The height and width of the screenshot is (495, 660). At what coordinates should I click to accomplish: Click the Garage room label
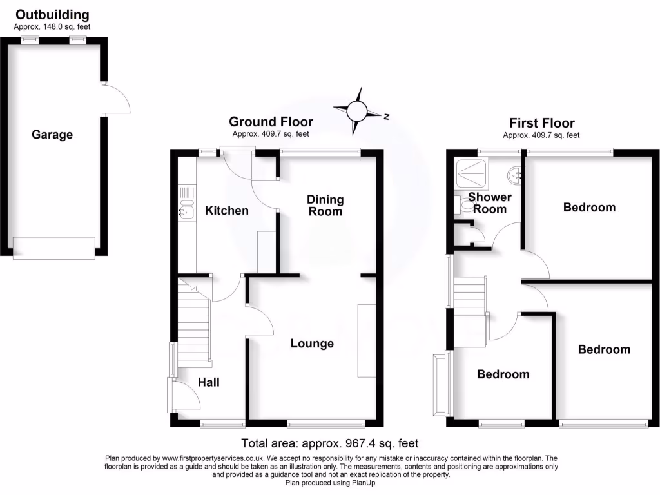[52, 135]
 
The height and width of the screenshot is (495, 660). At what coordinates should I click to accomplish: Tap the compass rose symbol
[356, 112]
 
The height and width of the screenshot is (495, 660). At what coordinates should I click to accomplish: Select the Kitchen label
[226, 211]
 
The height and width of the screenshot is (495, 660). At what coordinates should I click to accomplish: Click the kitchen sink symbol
[186, 209]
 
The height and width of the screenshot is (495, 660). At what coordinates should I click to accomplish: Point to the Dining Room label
[325, 206]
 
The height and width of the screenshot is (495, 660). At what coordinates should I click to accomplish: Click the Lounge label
[312, 344]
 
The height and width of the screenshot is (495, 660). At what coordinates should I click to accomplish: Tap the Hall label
[208, 382]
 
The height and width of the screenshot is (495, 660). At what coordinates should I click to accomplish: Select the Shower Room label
[490, 203]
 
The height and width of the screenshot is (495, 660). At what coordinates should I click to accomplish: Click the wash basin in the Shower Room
[514, 173]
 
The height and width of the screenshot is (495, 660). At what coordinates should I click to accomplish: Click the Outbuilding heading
[52, 15]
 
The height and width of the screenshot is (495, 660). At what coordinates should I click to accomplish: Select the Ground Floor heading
[271, 122]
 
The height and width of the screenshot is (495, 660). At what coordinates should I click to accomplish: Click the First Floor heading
[541, 123]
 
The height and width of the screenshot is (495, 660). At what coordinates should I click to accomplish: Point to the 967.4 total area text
[330, 443]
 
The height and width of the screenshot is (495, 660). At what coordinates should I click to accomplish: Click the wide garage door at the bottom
[55, 246]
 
